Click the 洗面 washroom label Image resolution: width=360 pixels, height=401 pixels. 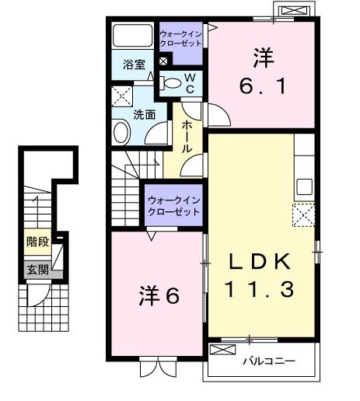tap(145, 115)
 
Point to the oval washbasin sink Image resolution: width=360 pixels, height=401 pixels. tap(122, 132)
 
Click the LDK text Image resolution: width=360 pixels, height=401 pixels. tap(260, 262)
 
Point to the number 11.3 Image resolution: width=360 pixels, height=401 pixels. tap(260, 291)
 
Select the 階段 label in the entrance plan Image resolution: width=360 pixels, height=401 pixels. tap(37, 241)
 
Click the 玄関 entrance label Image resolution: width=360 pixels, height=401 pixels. tap(37, 270)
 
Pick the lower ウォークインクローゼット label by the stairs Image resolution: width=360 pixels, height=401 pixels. tap(174, 205)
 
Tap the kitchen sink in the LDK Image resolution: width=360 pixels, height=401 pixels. tap(304, 187)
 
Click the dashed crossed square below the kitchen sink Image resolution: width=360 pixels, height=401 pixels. tap(303, 214)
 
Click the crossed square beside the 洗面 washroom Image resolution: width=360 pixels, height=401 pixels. tap(121, 98)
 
